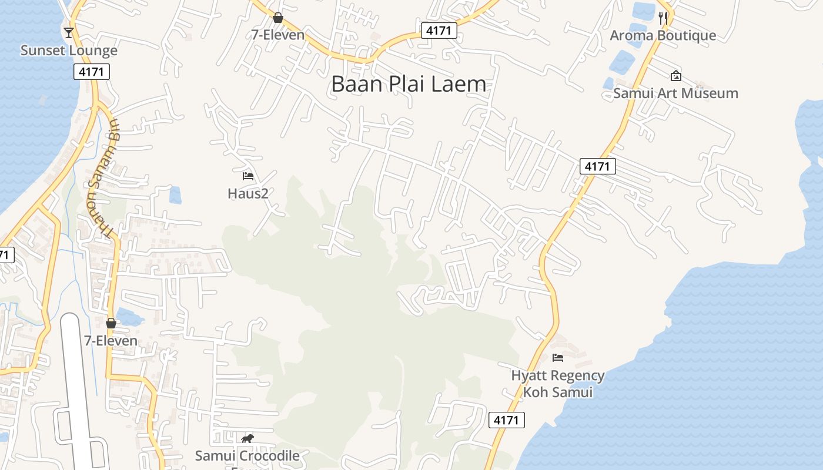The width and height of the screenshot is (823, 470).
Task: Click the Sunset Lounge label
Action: click(x=69, y=51)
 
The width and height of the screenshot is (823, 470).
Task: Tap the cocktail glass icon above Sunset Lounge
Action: click(x=69, y=32)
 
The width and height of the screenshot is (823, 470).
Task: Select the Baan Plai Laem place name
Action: click(x=409, y=84)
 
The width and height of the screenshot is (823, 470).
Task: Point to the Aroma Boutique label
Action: click(x=663, y=35)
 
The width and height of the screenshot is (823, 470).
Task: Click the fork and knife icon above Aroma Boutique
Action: click(x=663, y=18)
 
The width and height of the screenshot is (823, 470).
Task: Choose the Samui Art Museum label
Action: click(x=675, y=93)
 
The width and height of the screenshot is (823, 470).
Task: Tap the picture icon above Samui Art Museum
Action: click(x=675, y=75)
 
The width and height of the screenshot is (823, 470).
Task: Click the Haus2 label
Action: click(x=248, y=193)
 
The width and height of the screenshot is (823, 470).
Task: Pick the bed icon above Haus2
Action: click(x=248, y=176)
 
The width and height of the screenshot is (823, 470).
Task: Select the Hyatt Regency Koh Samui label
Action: click(x=557, y=384)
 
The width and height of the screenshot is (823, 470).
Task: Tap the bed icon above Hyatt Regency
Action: click(x=557, y=357)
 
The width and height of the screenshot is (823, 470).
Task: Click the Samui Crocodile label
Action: click(x=247, y=455)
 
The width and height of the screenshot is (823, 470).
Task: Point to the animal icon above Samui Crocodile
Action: click(x=247, y=438)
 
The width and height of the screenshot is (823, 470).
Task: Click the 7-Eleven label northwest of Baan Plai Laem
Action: click(x=278, y=35)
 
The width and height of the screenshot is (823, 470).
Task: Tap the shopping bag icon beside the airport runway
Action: click(x=111, y=323)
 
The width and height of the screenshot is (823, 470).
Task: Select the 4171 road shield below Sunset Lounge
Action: click(x=92, y=72)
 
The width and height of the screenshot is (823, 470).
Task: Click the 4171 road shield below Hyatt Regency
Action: click(x=506, y=420)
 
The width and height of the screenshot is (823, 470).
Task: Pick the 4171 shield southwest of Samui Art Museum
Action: click(x=597, y=166)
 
